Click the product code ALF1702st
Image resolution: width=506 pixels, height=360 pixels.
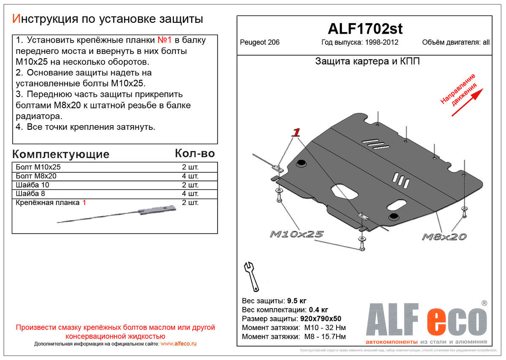tap(365, 29)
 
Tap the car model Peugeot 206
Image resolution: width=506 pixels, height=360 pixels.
tap(260, 42)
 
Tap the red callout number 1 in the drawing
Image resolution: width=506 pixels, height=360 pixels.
tap(296, 133)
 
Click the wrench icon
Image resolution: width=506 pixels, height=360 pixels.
tap(251, 276)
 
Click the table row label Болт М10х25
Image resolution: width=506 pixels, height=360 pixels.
tap(38, 167)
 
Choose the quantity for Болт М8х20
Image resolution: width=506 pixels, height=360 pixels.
tap(190, 176)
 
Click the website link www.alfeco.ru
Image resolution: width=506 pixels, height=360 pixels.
tap(179, 344)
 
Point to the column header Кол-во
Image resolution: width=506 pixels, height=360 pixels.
tap(195, 153)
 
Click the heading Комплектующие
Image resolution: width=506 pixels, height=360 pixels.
tap(61, 154)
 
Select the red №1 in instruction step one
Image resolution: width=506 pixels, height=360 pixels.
tap(164, 40)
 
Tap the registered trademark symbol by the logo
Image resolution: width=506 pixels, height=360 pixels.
tap(484, 303)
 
